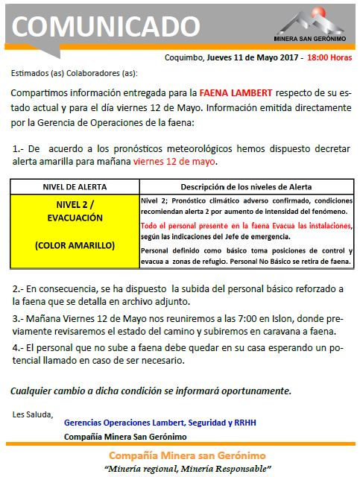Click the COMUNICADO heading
pyautogui.click(x=106, y=26)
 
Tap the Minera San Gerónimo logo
pyautogui.click(x=308, y=23)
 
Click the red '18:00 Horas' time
pyautogui.click(x=329, y=57)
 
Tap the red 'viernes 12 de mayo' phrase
pyautogui.click(x=175, y=162)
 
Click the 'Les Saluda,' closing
pyautogui.click(x=32, y=413)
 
